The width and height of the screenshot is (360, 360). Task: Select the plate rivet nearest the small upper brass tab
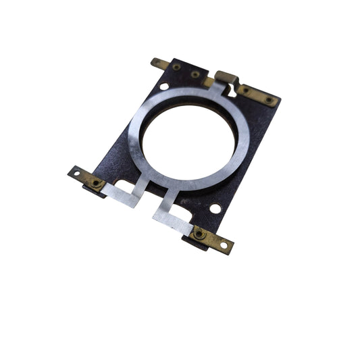pyautogui.click(x=177, y=68)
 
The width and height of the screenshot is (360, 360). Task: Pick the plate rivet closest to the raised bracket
pyautogui.click(x=195, y=74)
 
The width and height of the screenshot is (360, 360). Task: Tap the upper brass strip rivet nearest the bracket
pyautogui.click(x=246, y=90)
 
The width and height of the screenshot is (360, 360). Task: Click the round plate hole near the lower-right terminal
pyautogui.click(x=215, y=208)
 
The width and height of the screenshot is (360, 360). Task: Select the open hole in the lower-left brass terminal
pyautogui.click(x=76, y=173)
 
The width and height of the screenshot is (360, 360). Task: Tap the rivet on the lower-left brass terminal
pyautogui.click(x=97, y=182)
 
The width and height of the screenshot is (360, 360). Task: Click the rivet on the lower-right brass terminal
pyautogui.click(x=199, y=234)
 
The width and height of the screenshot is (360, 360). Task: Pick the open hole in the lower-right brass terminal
pyautogui.click(x=224, y=245)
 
